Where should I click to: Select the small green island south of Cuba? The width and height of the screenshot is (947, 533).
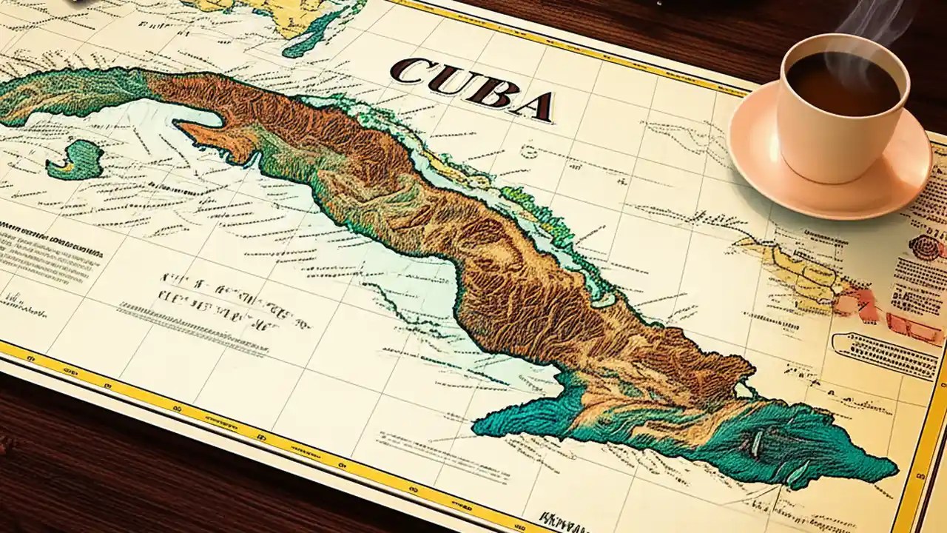point(75,160)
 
